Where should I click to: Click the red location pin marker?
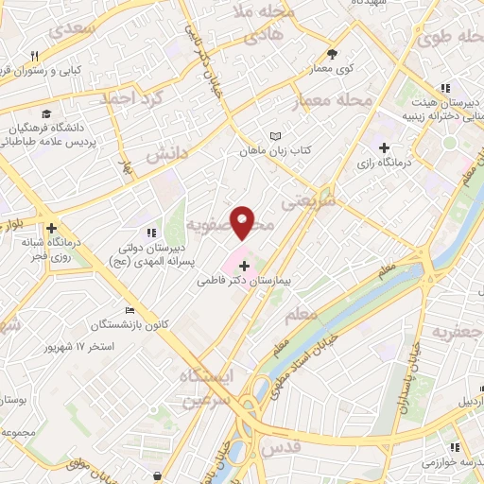(x=243, y=221)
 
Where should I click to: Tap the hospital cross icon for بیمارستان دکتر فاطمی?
(x=245, y=267)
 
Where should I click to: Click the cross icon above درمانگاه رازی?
(x=385, y=147)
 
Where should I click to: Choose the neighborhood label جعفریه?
(x=457, y=333)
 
